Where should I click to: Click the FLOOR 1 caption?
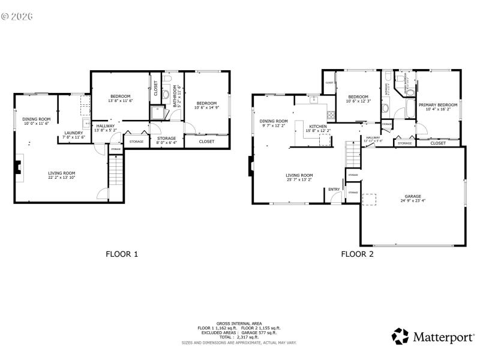click(x=122, y=254)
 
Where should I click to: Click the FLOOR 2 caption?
click(x=358, y=254)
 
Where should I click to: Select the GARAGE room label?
click(x=412, y=196)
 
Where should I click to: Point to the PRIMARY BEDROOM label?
click(x=437, y=105)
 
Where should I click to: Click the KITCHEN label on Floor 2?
click(x=318, y=127)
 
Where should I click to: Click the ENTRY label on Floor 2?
click(x=334, y=190)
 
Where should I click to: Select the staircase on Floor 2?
click(x=352, y=155)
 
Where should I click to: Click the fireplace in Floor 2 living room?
click(x=250, y=167)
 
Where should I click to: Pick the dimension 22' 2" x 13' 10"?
click(x=62, y=178)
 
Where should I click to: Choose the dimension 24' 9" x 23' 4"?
click(x=412, y=201)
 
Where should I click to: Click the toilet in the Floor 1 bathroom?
click(x=166, y=94)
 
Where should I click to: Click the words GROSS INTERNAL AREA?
click(x=239, y=323)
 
